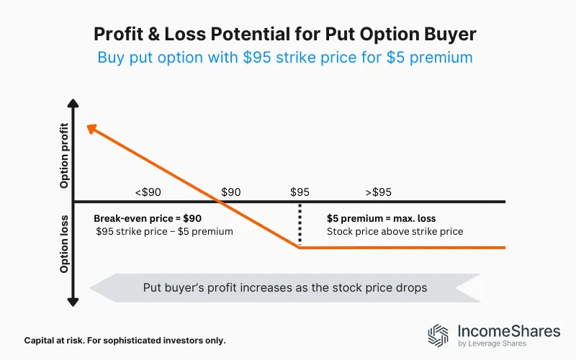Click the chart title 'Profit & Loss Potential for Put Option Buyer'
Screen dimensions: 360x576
(x=288, y=33)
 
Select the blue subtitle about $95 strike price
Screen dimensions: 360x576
(x=288, y=57)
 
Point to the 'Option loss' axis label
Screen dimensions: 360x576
(x=65, y=243)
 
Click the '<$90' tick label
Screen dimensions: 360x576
(x=148, y=192)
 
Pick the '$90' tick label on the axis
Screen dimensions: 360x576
(x=231, y=192)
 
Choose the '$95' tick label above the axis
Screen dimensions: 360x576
(x=300, y=192)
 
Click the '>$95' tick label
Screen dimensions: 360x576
(x=378, y=192)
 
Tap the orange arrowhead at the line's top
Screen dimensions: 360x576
(x=91, y=129)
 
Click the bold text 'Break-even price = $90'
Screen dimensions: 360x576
(x=148, y=218)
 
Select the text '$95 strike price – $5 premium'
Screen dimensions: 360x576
(x=164, y=232)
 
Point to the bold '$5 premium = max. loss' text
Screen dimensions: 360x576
(x=381, y=218)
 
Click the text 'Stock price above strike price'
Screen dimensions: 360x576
(x=395, y=232)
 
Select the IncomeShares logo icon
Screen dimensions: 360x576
(x=438, y=336)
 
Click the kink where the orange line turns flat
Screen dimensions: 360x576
(x=300, y=248)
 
